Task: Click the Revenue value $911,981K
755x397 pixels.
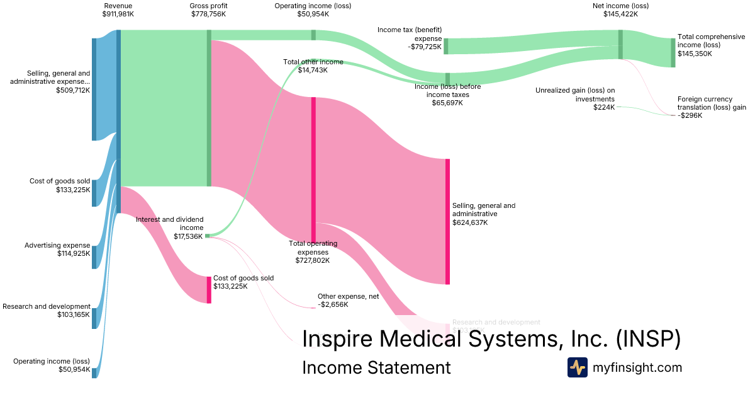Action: click(x=118, y=14)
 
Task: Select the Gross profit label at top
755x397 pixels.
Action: click(x=209, y=6)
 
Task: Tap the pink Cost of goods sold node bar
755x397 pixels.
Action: click(x=209, y=289)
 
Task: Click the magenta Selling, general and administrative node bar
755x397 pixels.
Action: click(x=447, y=221)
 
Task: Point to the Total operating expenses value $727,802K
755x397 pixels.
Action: click(x=313, y=260)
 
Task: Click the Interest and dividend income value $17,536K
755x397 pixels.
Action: click(x=188, y=236)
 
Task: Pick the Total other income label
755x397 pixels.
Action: click(x=313, y=62)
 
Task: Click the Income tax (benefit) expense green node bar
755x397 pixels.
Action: click(x=446, y=46)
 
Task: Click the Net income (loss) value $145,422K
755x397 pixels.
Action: click(x=620, y=14)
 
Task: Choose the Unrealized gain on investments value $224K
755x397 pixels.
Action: click(x=604, y=108)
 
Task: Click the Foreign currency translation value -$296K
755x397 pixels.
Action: click(x=690, y=115)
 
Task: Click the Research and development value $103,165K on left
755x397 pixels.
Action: click(x=74, y=314)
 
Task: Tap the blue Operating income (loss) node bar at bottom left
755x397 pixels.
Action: click(x=94, y=372)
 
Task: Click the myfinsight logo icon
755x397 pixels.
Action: click(x=577, y=367)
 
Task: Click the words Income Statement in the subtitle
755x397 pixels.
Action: click(x=376, y=367)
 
